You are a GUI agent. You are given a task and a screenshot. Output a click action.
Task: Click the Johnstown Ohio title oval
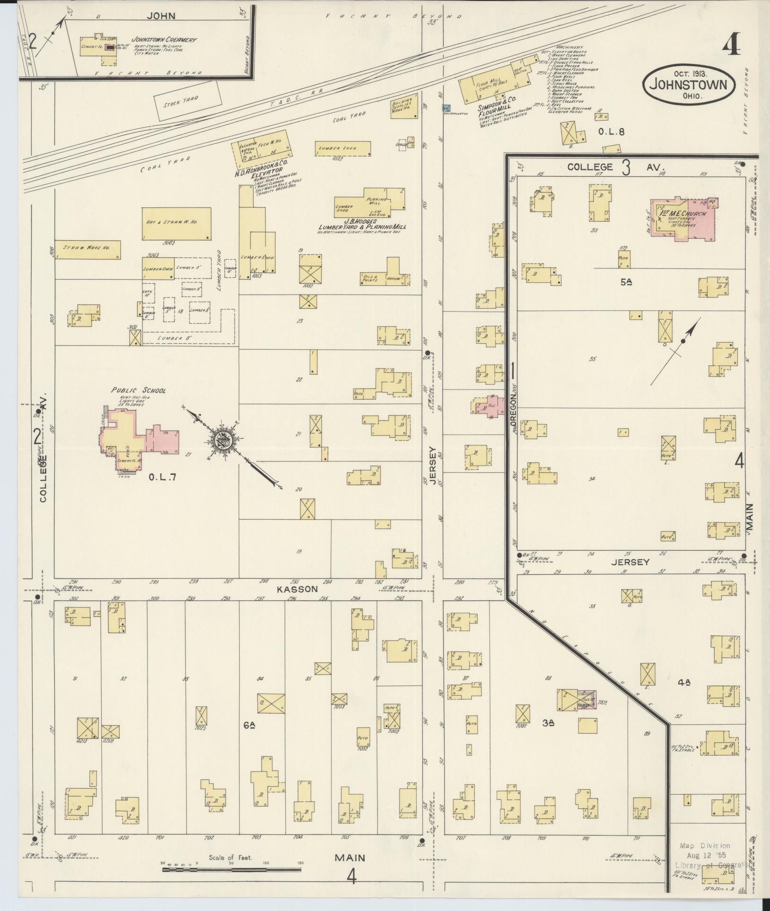click(689, 85)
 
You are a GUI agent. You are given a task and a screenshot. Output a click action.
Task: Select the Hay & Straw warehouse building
click(176, 223)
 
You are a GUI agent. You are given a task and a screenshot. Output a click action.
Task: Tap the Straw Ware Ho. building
click(87, 249)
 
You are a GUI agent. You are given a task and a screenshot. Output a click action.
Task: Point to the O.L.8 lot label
click(611, 132)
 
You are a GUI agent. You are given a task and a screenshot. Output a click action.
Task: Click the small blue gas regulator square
click(446, 108)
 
